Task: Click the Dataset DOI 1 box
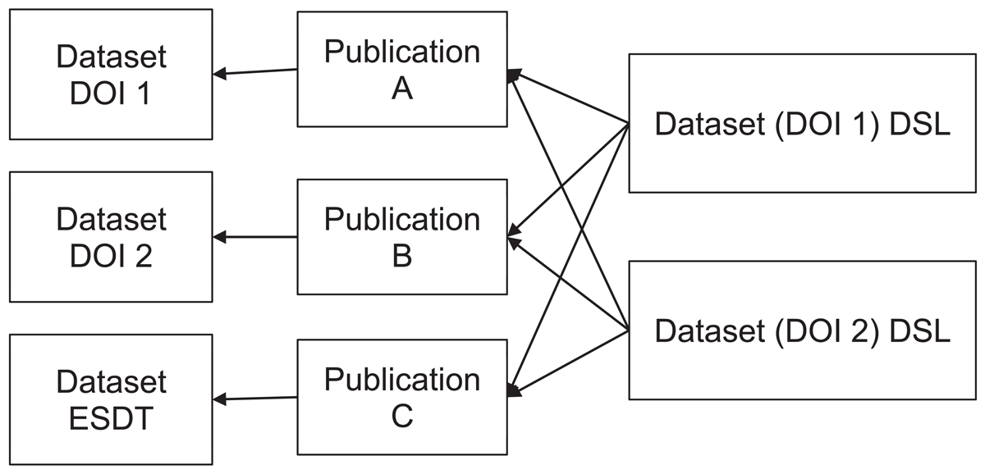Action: coord(111,75)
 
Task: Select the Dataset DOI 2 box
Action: coord(111,237)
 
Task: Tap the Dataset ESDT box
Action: coord(111,399)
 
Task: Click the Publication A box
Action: coord(402,70)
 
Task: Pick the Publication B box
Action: coord(402,237)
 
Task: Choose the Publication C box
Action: coord(402,397)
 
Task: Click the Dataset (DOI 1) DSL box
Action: coord(802,124)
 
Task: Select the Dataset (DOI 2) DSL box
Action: coord(802,330)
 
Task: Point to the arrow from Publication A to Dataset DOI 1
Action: coord(255,71)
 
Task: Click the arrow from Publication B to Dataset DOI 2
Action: coord(255,237)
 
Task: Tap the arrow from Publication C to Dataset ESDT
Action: coord(255,399)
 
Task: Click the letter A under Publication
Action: coord(402,89)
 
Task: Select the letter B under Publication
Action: coord(402,256)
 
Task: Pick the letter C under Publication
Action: coord(402,416)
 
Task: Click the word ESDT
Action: coord(111,419)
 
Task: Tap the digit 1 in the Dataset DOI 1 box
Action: coord(143,93)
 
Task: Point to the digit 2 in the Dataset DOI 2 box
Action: coord(144,256)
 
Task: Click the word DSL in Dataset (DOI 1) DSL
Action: coord(919,124)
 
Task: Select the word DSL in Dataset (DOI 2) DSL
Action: coord(919,330)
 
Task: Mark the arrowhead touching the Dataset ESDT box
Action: coord(219,399)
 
